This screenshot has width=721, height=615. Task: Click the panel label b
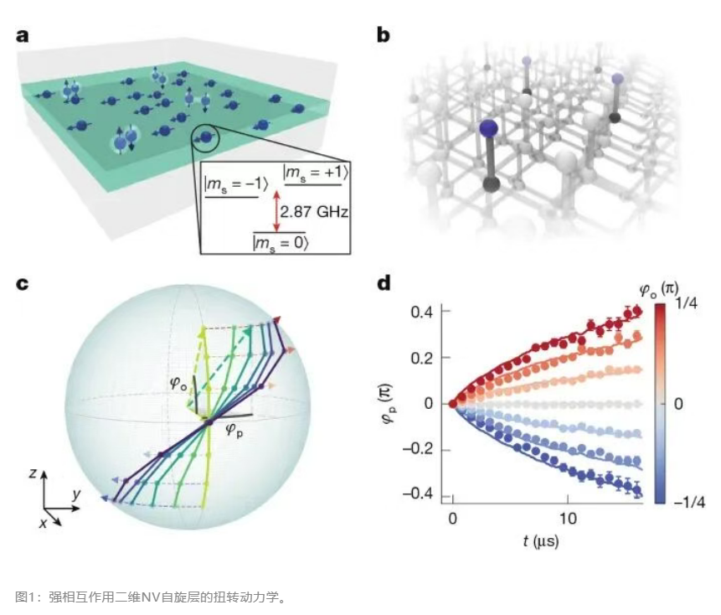point(384,36)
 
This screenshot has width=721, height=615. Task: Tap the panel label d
point(384,283)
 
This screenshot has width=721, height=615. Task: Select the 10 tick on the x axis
point(568,519)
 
